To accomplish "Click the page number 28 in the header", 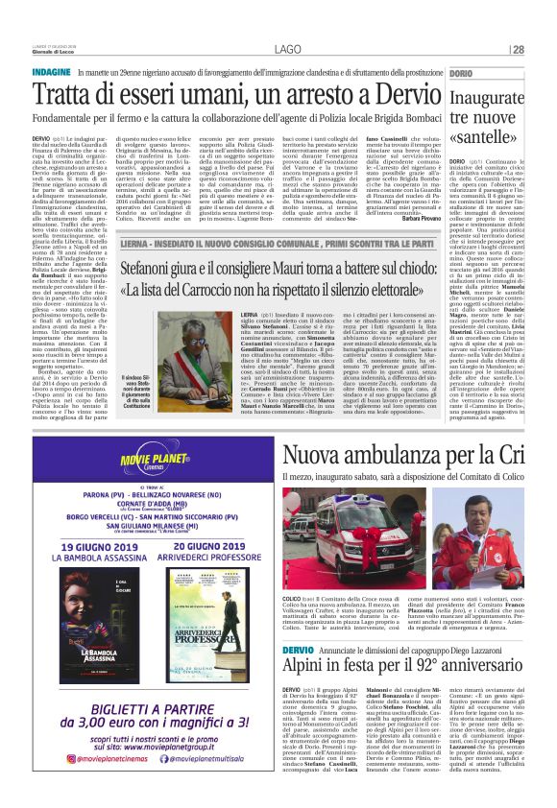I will pyautogui.click(x=545, y=50).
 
